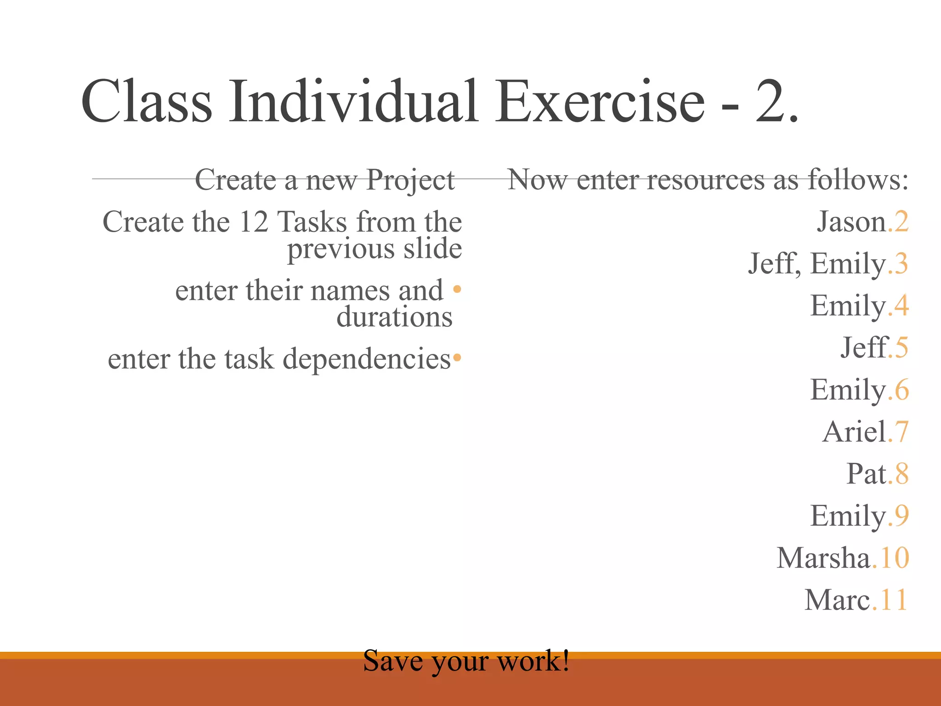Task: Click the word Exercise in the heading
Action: (599, 102)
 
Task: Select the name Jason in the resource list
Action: (851, 222)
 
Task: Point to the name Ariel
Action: (854, 432)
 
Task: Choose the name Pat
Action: (866, 474)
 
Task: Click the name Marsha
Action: (823, 558)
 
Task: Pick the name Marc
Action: (837, 600)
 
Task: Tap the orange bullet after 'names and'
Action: (457, 290)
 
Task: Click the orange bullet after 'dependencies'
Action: (457, 358)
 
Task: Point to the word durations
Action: (394, 317)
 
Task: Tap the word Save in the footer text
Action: (393, 661)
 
